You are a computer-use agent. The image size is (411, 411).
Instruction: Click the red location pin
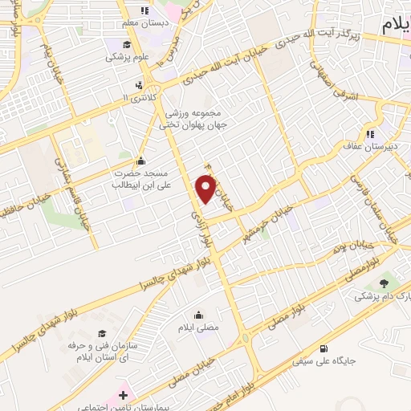point(207,189)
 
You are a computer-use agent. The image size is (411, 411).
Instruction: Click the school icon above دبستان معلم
point(144,10)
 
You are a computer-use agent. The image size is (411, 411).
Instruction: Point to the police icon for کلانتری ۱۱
point(141,85)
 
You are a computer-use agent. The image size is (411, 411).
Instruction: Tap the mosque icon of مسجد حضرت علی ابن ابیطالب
point(142,160)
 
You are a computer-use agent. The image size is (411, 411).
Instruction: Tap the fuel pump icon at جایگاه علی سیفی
point(324,348)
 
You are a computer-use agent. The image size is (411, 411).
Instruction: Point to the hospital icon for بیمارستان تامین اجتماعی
point(123,396)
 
